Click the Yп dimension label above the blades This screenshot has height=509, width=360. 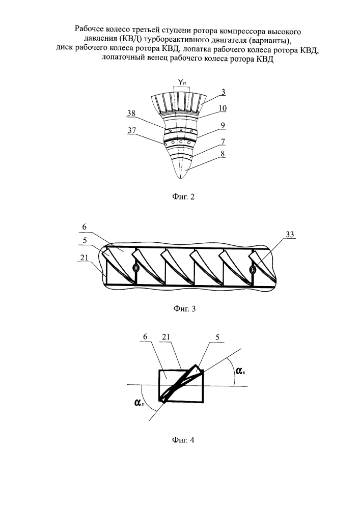point(181,81)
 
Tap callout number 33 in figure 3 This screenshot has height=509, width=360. point(291,235)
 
